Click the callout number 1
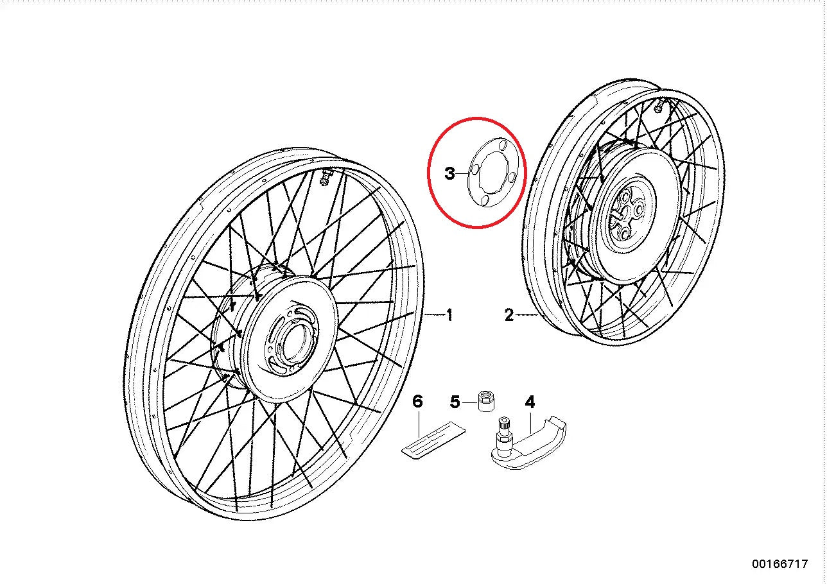450,315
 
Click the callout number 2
509,315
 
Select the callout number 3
450,173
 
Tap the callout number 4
530,402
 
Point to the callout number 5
455,402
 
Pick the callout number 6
417,402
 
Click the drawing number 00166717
780,564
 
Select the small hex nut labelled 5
486,401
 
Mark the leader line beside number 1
434,315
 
